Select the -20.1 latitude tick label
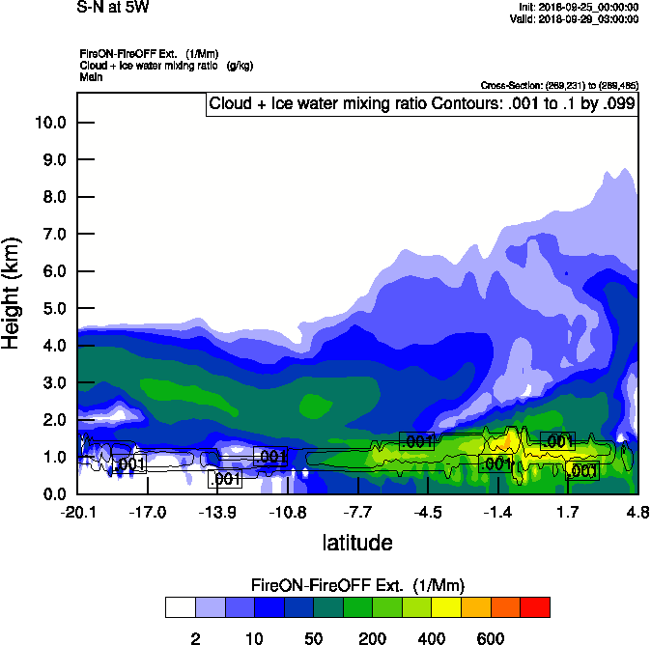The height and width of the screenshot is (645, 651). coord(77,512)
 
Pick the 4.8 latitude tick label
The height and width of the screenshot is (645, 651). coord(637,512)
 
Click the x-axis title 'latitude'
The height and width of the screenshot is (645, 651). coord(356,543)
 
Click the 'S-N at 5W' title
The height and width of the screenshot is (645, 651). coord(113,8)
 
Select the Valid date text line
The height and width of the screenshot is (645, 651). coord(576,19)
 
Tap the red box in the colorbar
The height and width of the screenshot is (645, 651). coord(535,607)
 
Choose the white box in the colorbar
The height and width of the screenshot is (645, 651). coord(180,607)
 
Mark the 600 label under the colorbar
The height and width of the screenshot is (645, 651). coord(491,638)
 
